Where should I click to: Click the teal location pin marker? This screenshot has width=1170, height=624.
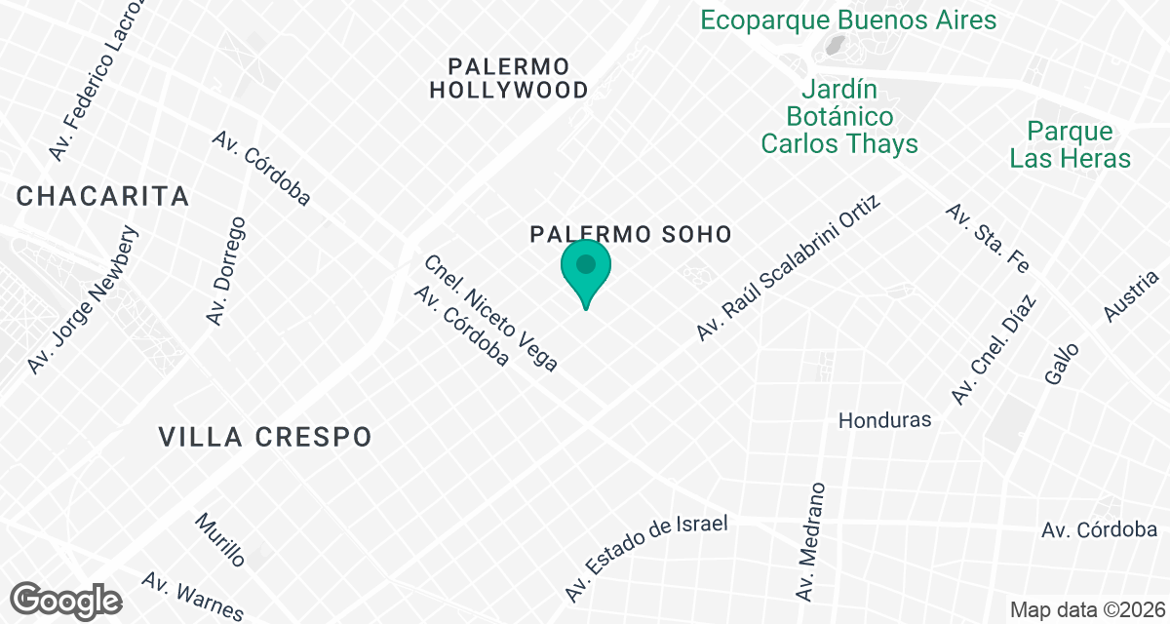(585, 269)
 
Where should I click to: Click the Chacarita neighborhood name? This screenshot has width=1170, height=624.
(102, 196)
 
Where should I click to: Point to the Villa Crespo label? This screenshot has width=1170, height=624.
(265, 436)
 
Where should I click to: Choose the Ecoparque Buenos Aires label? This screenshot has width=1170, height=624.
(848, 19)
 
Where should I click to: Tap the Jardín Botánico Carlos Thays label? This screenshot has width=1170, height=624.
(838, 117)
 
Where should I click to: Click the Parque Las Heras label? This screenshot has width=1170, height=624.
(1070, 144)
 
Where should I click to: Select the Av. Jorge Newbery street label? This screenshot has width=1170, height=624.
(84, 301)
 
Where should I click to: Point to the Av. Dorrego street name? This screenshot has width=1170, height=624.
(225, 272)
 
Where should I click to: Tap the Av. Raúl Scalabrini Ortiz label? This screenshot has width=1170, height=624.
(789, 268)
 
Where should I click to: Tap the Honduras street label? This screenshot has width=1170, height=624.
(884, 420)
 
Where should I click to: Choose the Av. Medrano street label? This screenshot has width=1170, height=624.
(810, 541)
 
